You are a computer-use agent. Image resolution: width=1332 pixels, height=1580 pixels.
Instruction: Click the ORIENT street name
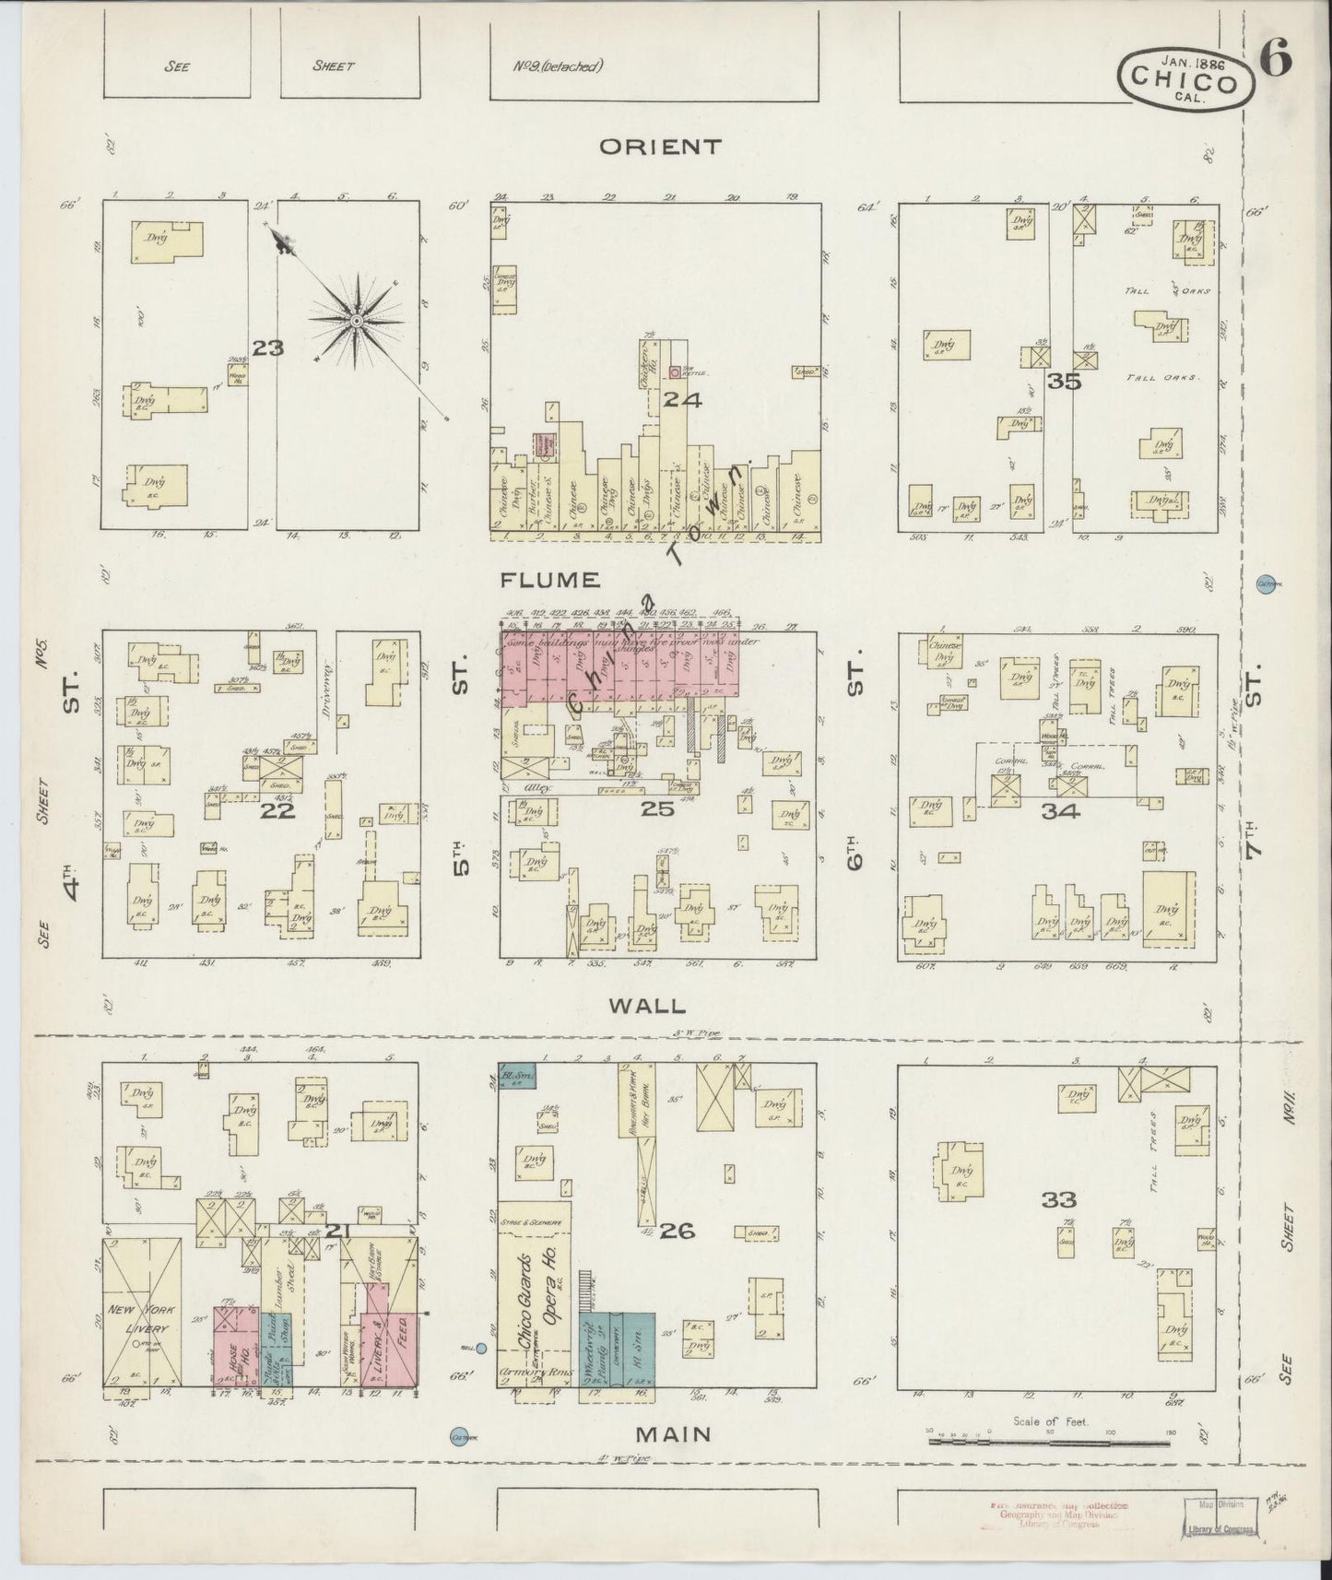tap(660, 147)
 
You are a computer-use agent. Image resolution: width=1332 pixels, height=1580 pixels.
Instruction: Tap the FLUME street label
tap(551, 580)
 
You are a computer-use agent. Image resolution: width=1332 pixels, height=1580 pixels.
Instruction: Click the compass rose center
tap(355, 320)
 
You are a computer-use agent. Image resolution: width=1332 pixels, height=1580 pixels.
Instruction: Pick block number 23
tap(270, 348)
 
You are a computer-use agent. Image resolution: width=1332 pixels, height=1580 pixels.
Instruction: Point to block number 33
tap(1059, 1199)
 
